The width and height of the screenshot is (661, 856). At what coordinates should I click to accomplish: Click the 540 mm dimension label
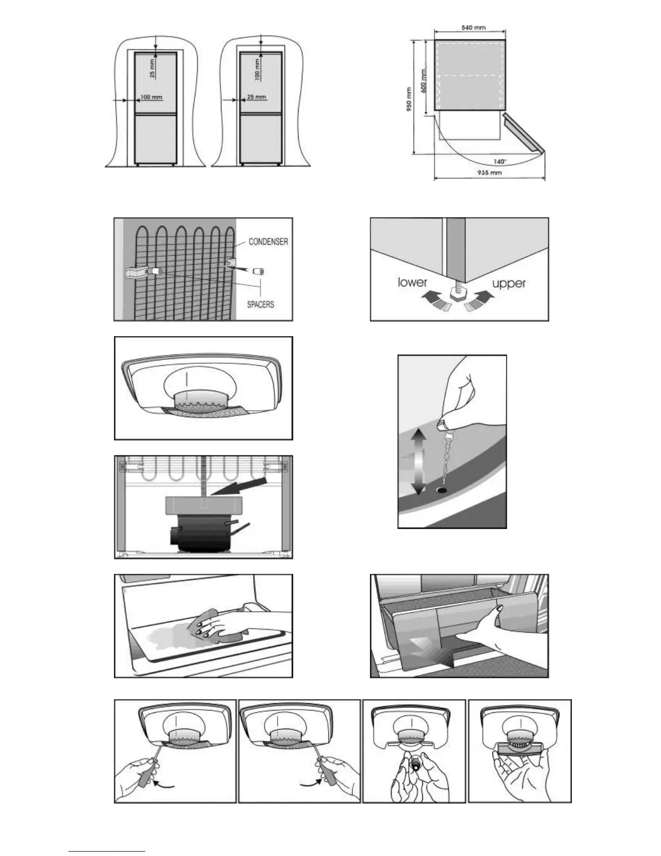point(474,28)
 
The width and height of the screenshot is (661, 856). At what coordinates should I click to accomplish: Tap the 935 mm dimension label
point(489,173)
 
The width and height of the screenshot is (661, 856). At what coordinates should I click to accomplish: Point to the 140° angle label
point(500,161)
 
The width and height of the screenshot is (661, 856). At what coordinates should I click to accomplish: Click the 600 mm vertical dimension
point(424,81)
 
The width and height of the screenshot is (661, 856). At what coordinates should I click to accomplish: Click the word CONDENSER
point(268,242)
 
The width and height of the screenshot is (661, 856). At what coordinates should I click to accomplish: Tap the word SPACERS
point(260,304)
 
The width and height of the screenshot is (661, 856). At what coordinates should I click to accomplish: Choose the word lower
point(412,282)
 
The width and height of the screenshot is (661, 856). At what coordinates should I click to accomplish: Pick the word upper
point(509,283)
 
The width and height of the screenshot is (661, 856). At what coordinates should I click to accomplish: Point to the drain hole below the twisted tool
point(442,490)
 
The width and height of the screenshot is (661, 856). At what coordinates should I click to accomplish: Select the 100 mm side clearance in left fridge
point(151,98)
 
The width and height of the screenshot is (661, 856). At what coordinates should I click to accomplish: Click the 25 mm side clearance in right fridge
point(256,98)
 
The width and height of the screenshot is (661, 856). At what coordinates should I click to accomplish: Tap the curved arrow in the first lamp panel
point(164,784)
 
